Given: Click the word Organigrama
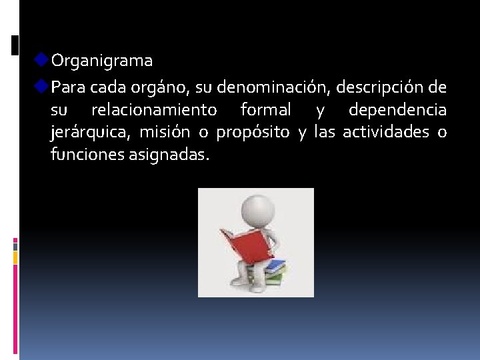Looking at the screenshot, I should click(x=102, y=61).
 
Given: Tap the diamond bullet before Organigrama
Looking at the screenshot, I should click(x=42, y=60).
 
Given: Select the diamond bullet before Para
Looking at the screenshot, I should click(x=42, y=87).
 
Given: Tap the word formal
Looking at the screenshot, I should click(x=265, y=109).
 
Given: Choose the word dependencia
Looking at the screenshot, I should click(x=397, y=109).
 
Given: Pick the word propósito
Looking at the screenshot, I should click(x=253, y=133).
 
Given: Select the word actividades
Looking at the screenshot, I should click(x=386, y=132).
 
